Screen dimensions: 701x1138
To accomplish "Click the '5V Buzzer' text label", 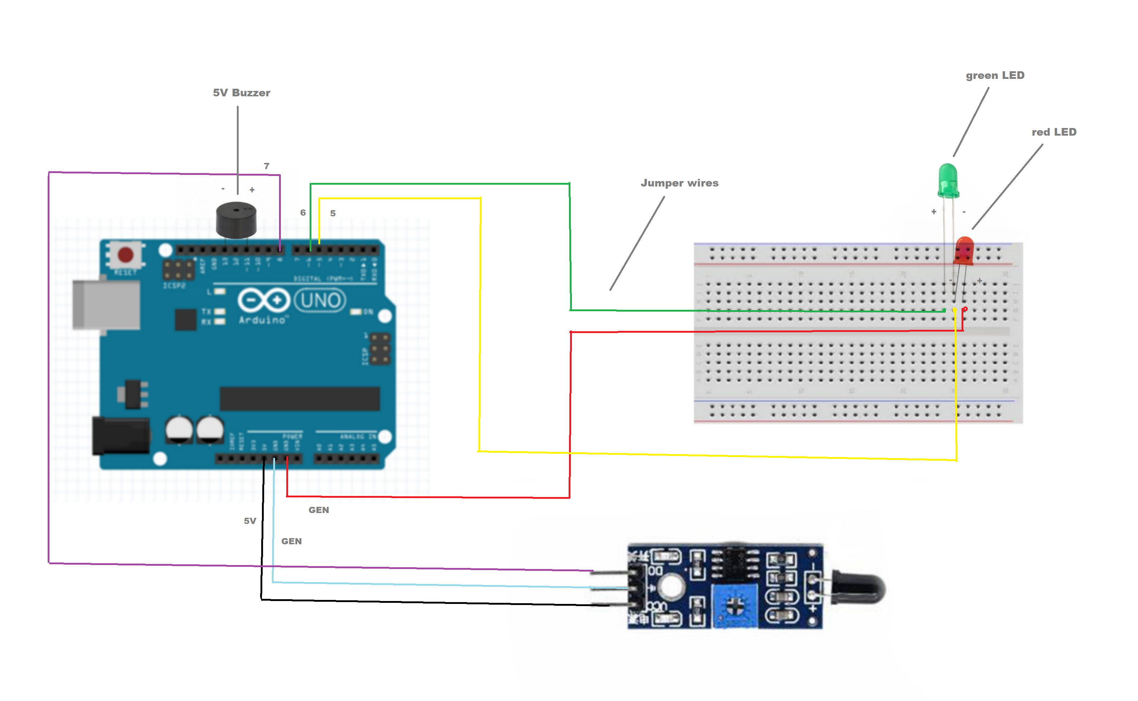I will [x=241, y=93].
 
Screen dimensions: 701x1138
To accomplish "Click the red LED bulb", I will [x=964, y=251].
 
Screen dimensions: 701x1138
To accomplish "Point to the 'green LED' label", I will [x=995, y=75].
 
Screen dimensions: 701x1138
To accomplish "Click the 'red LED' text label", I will [x=1053, y=132].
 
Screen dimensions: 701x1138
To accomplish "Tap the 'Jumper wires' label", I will [x=679, y=183].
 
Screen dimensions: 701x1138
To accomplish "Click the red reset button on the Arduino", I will [x=125, y=255].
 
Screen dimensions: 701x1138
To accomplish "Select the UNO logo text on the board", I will [x=320, y=300].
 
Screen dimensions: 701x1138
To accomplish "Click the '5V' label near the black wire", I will [x=250, y=521].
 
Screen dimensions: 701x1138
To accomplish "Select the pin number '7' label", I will [x=266, y=166].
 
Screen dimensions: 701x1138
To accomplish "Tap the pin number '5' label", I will [x=333, y=213].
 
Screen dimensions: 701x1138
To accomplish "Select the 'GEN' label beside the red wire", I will [x=319, y=510].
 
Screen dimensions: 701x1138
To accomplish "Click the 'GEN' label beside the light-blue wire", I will [x=291, y=541].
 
